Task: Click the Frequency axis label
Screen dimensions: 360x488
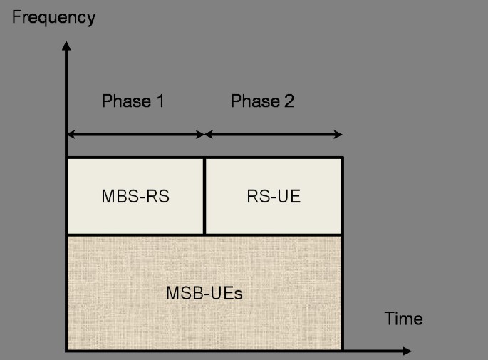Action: pos(53,17)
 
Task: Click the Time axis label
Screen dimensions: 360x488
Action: pos(403,318)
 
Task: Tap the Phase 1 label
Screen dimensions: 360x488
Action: pos(133,101)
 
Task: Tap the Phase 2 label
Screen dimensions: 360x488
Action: pos(262,101)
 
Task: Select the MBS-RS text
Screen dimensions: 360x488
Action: pos(135,196)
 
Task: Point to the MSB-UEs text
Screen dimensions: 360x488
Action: pos(204,293)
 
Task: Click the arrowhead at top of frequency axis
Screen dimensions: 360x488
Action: pos(66,47)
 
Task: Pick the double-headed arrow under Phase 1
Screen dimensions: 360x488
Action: pos(135,134)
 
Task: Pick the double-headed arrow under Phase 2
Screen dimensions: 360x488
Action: pos(274,134)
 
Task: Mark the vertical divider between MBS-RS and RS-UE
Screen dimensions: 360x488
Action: pos(204,196)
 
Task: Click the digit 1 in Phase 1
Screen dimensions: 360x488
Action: pos(160,101)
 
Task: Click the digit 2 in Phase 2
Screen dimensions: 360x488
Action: pos(289,101)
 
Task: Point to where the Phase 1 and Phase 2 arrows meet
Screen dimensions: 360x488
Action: pos(204,134)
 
